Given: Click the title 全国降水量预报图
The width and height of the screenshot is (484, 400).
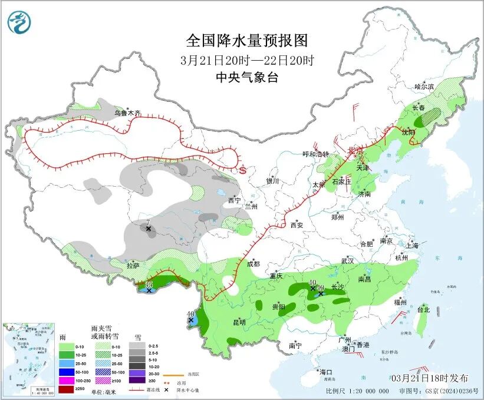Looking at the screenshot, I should tap(247, 41).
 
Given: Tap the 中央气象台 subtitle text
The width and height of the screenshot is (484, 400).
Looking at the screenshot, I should tap(247, 77).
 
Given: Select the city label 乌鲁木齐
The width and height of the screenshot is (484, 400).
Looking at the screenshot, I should tap(128, 113).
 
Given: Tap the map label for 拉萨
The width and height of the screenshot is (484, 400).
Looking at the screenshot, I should tap(133, 266).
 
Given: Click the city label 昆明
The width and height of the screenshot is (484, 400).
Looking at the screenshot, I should tap(239, 322).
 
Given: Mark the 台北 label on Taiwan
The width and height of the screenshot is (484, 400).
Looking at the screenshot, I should tap(423, 309).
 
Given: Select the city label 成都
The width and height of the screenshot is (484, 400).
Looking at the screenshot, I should tap(253, 264).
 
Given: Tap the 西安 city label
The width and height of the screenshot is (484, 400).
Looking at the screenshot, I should tap(297, 224).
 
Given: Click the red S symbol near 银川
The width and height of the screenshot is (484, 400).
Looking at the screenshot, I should tap(242, 170).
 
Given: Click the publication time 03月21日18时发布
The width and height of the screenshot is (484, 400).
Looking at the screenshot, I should tap(429, 378).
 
